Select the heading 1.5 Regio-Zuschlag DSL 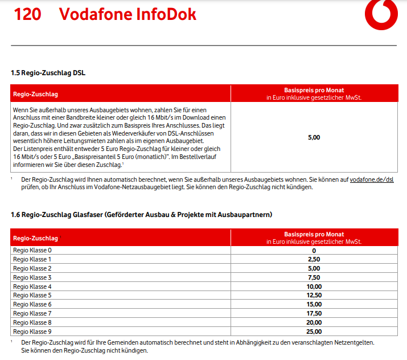(48, 73)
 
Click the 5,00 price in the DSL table (314, 137)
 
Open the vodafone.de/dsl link (372, 179)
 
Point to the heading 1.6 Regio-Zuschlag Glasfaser (141, 215)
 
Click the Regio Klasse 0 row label (32, 250)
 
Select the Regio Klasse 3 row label (32, 277)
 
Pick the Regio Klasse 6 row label (32, 305)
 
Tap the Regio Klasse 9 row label (32, 332)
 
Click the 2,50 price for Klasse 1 (314, 259)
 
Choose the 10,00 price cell (314, 287)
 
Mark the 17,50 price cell (314, 313)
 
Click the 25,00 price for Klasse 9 (314, 332)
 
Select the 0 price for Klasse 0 (314, 250)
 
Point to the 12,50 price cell (314, 296)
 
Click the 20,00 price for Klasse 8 (314, 322)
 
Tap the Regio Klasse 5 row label (32, 296)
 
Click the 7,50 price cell (314, 277)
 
